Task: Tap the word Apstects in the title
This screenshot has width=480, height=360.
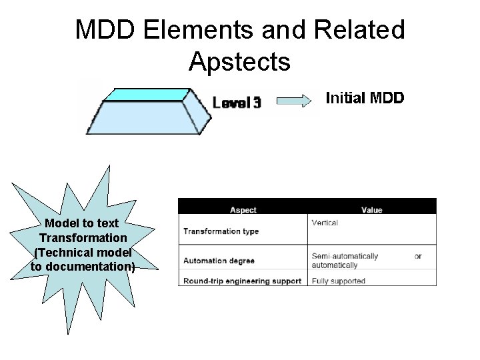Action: [239, 61]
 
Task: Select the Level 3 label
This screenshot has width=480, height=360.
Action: [237, 102]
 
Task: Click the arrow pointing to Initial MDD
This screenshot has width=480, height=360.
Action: [294, 101]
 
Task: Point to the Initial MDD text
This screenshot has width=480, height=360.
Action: [365, 99]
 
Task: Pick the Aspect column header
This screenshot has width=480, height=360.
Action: [243, 210]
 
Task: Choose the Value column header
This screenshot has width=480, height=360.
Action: [371, 210]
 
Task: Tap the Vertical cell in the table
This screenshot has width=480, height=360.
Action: [325, 223]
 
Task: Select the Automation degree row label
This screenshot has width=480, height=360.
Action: [219, 260]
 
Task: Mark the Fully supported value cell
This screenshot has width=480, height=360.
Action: [338, 281]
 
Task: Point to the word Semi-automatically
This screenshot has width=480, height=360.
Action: [344, 256]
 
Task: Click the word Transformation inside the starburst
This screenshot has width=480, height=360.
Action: [83, 238]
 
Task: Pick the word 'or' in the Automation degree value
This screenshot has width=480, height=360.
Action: [417, 256]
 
